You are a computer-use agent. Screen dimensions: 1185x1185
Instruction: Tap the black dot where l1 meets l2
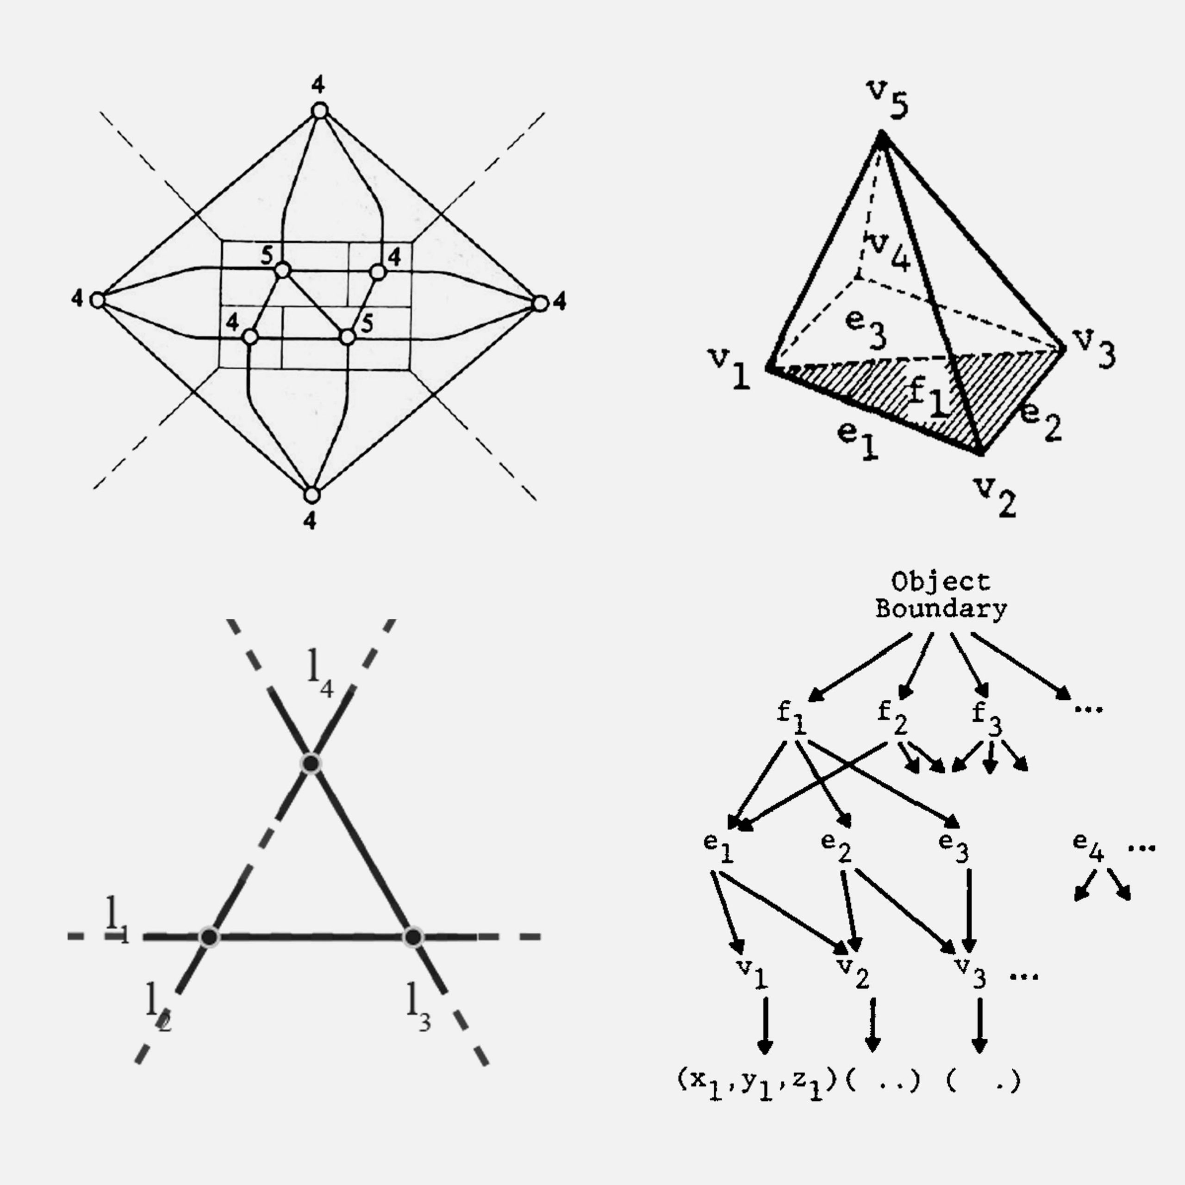[210, 936]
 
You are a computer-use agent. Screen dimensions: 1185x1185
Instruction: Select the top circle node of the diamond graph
[319, 111]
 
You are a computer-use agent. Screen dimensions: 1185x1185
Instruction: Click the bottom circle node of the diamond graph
[312, 494]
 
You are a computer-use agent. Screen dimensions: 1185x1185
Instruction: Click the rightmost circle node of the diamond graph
[540, 303]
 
